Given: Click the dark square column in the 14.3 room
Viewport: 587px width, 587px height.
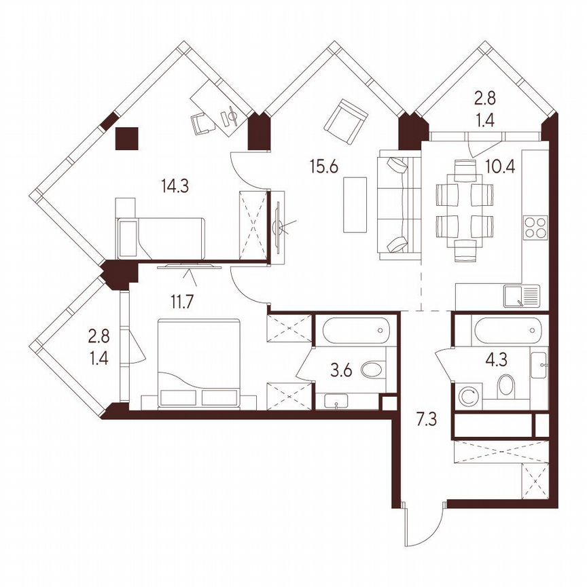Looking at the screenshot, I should tap(127, 139).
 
